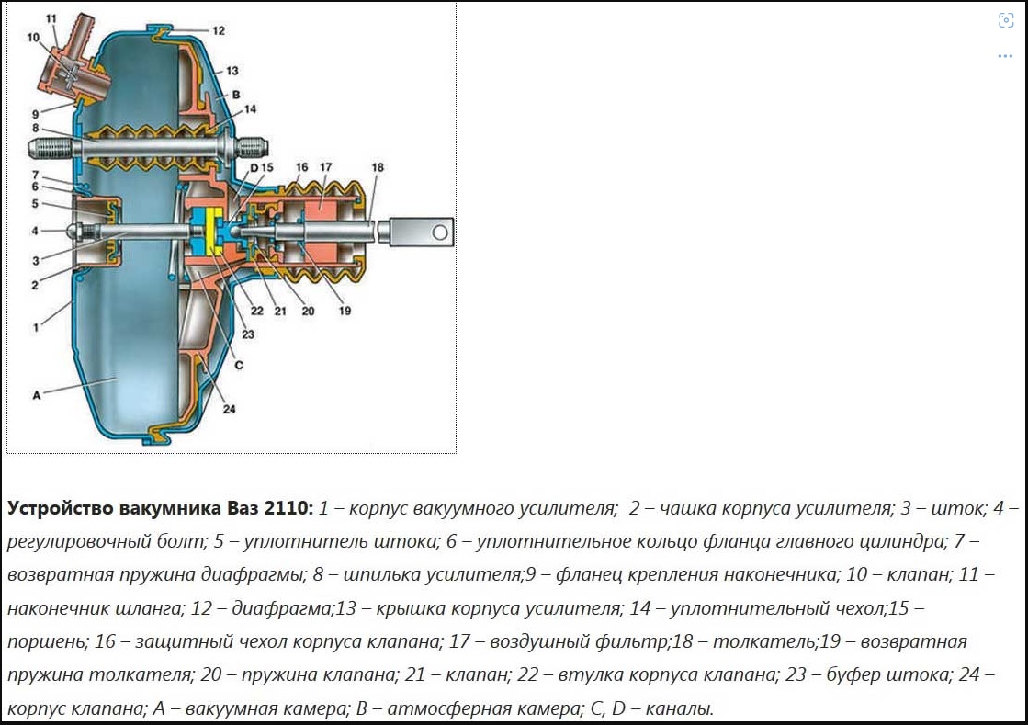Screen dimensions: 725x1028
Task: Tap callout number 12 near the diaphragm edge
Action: (x=218, y=30)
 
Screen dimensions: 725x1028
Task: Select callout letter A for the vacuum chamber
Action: (x=37, y=395)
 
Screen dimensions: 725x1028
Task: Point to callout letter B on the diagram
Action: (x=236, y=94)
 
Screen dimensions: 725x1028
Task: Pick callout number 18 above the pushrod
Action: (x=378, y=167)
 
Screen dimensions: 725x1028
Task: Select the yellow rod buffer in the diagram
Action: (x=217, y=233)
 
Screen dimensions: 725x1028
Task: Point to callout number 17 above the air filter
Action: (x=326, y=167)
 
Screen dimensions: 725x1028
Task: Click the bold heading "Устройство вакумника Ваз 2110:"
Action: (x=161, y=508)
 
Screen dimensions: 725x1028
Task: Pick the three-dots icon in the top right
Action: (x=1005, y=56)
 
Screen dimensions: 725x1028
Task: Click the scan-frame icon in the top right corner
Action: (x=1005, y=21)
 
